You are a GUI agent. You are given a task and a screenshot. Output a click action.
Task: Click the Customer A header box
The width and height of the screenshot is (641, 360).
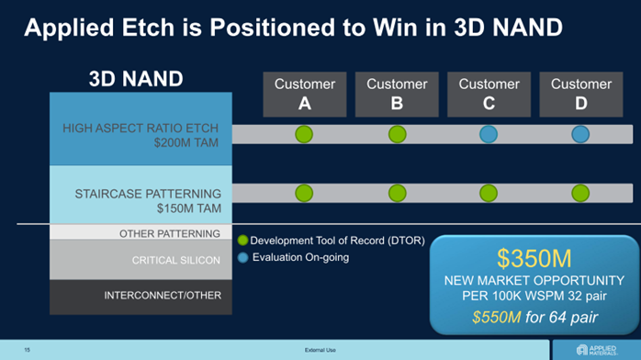click(x=305, y=95)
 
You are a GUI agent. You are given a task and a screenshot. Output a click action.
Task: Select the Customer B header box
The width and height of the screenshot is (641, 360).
click(x=397, y=95)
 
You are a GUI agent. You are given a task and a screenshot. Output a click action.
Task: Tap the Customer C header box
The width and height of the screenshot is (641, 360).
click(x=489, y=95)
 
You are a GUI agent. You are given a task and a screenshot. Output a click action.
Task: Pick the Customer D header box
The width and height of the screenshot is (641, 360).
click(x=581, y=95)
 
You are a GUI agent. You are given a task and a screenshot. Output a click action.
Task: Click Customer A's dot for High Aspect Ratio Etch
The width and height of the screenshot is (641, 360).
click(x=304, y=134)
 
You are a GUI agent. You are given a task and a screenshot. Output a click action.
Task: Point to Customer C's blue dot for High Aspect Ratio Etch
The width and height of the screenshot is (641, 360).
click(x=489, y=134)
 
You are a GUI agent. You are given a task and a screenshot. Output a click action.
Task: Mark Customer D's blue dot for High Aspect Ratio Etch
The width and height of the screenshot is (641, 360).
click(x=580, y=134)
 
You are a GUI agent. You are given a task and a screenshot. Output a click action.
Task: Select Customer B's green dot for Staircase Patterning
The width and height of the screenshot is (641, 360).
click(x=398, y=193)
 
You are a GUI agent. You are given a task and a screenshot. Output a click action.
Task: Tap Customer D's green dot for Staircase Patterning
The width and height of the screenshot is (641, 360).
click(x=580, y=193)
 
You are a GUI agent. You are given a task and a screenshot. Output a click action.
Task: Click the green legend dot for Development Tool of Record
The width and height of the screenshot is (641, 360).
click(x=242, y=241)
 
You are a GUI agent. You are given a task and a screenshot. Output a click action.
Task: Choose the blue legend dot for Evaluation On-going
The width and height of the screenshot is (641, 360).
click(x=242, y=257)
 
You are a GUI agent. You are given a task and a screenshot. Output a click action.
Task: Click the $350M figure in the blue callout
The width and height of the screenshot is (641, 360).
click(x=534, y=258)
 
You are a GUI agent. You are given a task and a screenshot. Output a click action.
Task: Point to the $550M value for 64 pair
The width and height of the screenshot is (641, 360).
click(x=497, y=317)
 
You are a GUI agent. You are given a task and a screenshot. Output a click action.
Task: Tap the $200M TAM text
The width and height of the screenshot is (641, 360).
click(x=186, y=142)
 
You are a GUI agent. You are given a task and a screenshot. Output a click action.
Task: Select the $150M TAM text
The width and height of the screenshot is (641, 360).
click(x=189, y=208)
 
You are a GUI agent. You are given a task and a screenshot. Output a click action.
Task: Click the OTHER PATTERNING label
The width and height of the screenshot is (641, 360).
click(x=170, y=234)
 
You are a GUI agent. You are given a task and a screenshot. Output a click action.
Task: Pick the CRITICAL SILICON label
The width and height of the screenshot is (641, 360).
click(x=175, y=260)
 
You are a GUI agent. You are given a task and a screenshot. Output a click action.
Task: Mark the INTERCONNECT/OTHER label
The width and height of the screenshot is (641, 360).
click(x=163, y=296)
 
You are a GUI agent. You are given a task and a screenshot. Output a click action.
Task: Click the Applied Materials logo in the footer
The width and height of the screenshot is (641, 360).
click(x=596, y=350)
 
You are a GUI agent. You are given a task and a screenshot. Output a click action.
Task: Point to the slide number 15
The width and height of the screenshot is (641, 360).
click(x=27, y=350)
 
